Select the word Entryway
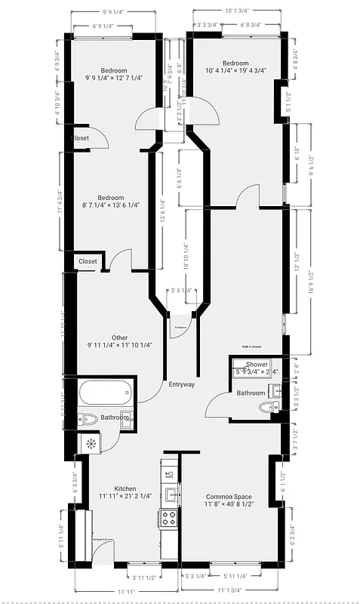[181, 384]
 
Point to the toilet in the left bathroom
[89, 419]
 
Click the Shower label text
[257, 365]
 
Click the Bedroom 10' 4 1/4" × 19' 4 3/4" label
[235, 67]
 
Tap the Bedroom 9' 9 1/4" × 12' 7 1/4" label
[115, 74]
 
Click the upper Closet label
[80, 138]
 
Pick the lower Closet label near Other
[88, 261]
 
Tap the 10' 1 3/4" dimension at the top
[237, 11]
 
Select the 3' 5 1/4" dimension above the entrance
[180, 290]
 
